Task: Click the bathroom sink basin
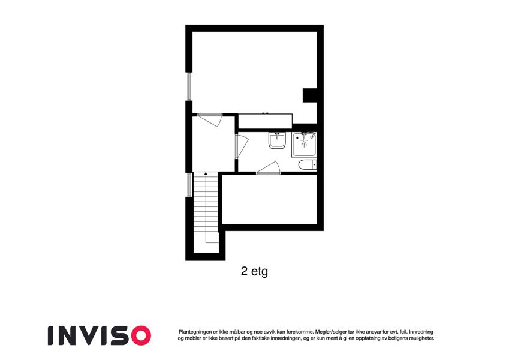(x=277, y=140)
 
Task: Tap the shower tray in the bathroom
(x=304, y=145)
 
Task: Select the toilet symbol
(x=307, y=165)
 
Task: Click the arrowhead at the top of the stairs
(x=206, y=174)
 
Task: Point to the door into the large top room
(x=210, y=119)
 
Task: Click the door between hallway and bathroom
(x=242, y=146)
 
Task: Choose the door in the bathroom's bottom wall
(x=269, y=168)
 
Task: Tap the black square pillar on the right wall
(x=310, y=95)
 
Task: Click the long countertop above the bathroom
(x=265, y=121)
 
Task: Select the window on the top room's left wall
(x=189, y=86)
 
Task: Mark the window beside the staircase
(x=189, y=185)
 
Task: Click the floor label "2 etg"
(x=254, y=271)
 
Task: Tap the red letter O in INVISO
(x=140, y=335)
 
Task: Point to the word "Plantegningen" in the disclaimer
(x=194, y=332)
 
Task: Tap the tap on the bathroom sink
(x=277, y=134)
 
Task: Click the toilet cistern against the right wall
(x=314, y=165)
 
